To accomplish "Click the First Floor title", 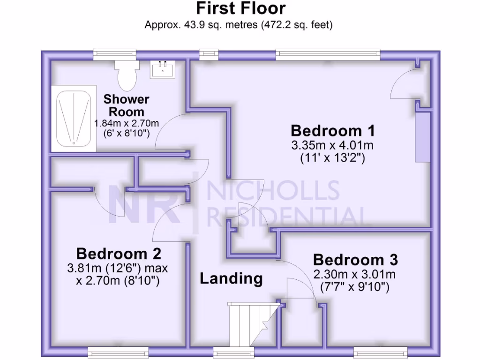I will coord(240,8).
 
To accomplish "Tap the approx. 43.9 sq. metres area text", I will coord(239,25).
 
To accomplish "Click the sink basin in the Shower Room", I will coord(163,70).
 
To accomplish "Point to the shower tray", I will coord(74,118).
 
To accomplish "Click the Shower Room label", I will coord(127,105).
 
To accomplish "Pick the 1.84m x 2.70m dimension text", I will coord(127,124).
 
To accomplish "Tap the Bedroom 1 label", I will coord(332,130).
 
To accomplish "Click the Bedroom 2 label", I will coord(119,254).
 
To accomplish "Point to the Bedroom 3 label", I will coord(355,259).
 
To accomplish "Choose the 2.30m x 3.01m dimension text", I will coord(355,274).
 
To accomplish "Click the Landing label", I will coord(231,278).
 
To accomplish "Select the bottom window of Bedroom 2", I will coord(118,352).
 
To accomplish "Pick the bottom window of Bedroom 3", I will coord(380,352).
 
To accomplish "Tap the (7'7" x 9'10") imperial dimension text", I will coord(355,287).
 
